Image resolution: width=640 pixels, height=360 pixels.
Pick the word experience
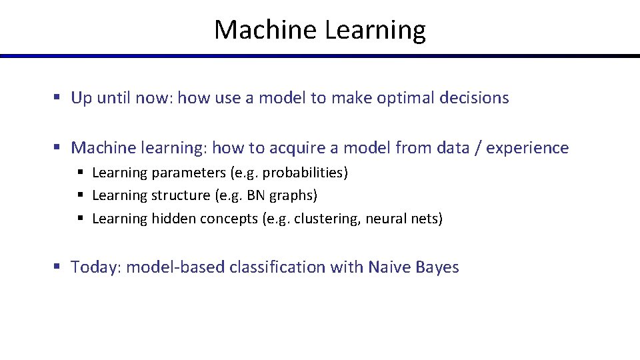click(x=527, y=149)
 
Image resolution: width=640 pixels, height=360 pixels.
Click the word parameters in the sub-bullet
click(x=189, y=173)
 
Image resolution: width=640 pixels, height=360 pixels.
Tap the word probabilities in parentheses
click(x=305, y=173)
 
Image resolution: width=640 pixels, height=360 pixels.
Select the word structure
click(x=180, y=195)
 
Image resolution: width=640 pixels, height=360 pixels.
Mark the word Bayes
click(x=437, y=267)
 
